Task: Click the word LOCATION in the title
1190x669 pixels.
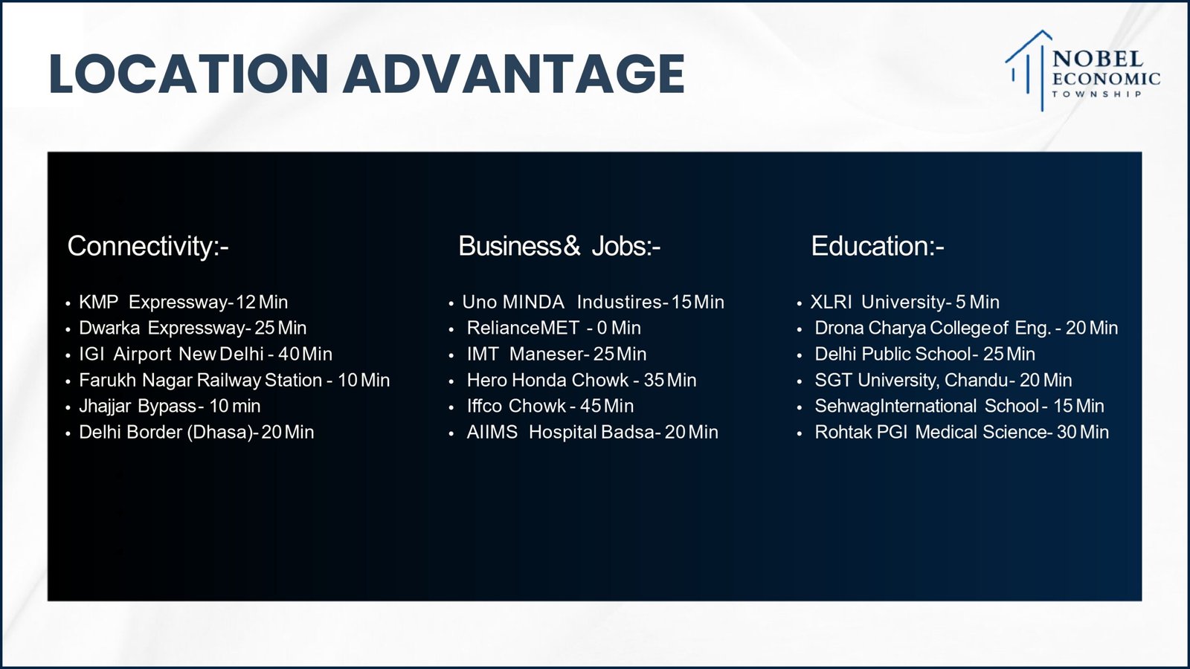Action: point(188,74)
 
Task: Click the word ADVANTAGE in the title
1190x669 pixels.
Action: point(514,74)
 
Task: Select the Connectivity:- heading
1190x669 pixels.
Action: point(148,246)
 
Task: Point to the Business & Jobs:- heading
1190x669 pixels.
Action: point(559,246)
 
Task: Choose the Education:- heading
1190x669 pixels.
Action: point(878,246)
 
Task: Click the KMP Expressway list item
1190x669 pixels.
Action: point(183,302)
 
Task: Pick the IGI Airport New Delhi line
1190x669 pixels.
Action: point(205,354)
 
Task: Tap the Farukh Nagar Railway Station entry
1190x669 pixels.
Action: point(234,380)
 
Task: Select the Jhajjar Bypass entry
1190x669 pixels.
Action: point(170,406)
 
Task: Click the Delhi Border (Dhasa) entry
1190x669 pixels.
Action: point(196,432)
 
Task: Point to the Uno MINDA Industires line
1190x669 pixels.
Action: point(593,302)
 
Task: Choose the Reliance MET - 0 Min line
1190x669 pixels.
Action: point(553,328)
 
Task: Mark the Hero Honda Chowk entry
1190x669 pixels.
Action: point(581,380)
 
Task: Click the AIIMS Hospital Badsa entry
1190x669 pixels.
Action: point(592,432)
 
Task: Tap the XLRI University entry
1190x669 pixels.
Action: point(904,302)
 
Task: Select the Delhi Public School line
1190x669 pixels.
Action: point(925,354)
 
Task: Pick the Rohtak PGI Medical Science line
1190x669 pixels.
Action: point(962,432)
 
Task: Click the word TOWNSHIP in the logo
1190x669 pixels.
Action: point(1097,94)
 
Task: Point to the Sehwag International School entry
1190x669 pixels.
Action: point(959,406)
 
